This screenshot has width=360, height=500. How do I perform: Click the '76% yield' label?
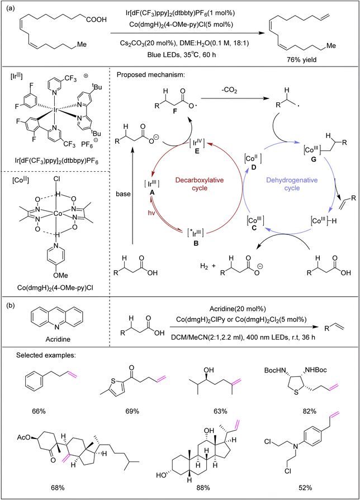302,59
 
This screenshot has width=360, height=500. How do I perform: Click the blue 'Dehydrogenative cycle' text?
292,184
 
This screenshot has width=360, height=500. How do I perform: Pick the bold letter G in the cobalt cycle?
314,159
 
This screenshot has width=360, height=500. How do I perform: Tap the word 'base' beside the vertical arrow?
124,194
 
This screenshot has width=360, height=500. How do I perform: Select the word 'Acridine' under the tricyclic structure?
58,339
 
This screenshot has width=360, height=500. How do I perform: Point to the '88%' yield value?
203,488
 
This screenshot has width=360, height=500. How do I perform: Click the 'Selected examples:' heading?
46,355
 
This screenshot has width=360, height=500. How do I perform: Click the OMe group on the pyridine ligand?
60,275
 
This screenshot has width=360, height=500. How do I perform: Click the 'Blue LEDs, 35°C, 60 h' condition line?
182,54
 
